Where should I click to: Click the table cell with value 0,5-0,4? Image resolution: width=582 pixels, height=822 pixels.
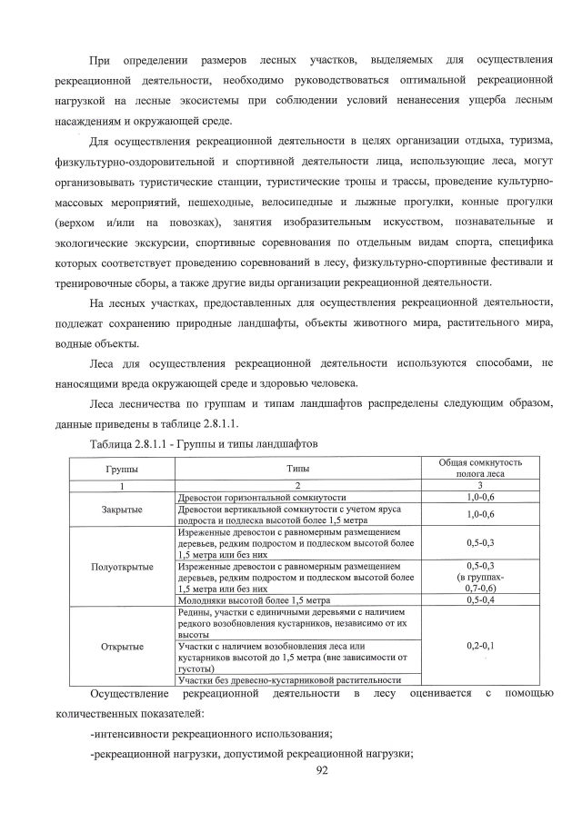click(479, 601)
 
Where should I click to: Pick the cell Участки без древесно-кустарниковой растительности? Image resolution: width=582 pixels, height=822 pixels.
click(289, 679)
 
